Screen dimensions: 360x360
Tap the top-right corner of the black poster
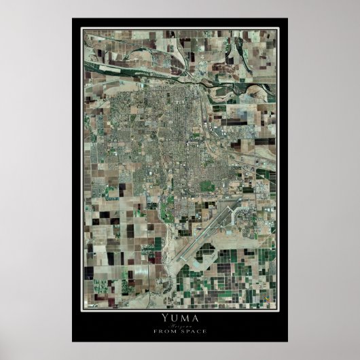287,18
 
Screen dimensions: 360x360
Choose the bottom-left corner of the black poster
72,342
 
